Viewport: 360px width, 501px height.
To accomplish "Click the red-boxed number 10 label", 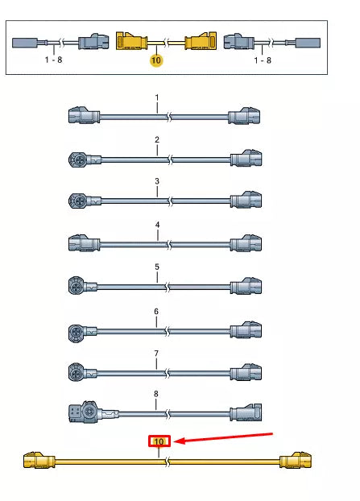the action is (x=159, y=441).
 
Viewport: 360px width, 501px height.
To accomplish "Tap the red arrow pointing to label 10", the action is (x=224, y=437).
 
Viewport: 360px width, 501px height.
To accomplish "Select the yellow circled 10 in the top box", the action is (x=156, y=60).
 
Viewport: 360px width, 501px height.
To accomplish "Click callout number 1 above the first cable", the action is (x=156, y=97).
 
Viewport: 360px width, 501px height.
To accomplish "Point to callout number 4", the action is (x=157, y=225).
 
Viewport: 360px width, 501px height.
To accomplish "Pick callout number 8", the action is (x=156, y=394).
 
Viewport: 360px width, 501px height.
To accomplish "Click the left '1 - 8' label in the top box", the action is (x=53, y=60).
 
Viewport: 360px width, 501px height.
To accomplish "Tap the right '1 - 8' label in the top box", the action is (x=263, y=60).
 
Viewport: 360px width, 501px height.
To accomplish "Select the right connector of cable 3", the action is (x=246, y=200).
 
